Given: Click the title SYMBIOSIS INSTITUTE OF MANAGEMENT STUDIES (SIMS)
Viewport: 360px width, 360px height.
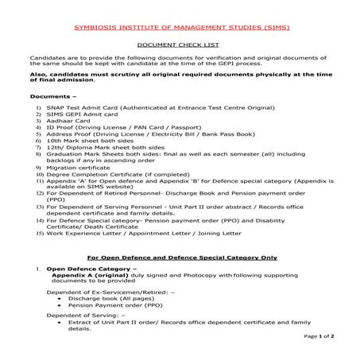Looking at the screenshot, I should coord(181,27).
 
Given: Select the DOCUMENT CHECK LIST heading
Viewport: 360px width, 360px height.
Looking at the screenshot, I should coord(181,47).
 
